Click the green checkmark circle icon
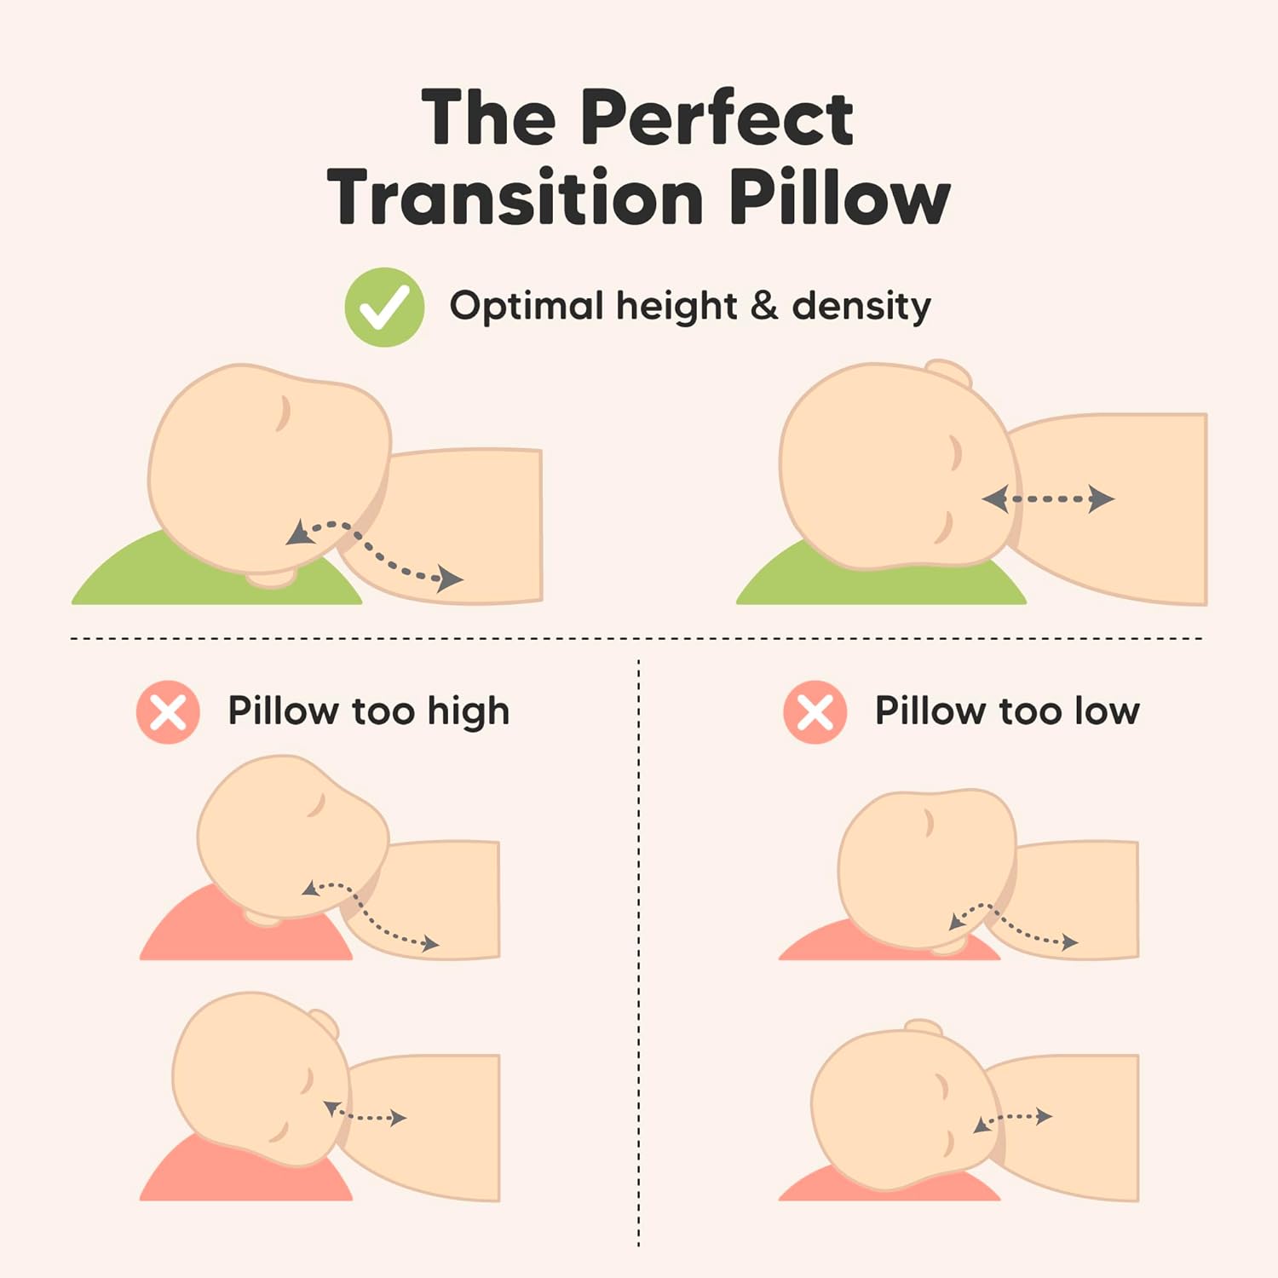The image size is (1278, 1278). pos(384,307)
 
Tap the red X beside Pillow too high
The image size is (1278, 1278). pos(168,712)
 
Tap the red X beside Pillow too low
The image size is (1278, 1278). pos(815,712)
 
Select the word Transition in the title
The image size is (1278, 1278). pos(515,198)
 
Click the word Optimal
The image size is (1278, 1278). pos(526,305)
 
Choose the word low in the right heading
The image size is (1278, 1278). pos(1106,711)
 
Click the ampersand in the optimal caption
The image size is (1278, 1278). pos(764,305)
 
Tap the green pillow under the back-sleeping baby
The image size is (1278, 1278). pos(128,579)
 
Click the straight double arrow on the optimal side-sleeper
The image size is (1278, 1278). pos(1048,499)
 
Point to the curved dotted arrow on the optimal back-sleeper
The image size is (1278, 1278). pos(375,552)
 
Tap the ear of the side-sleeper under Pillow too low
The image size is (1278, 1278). pos(923,1027)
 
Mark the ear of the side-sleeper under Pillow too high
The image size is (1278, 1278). pos(325,1022)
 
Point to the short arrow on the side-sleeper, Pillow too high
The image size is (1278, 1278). pos(366,1114)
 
